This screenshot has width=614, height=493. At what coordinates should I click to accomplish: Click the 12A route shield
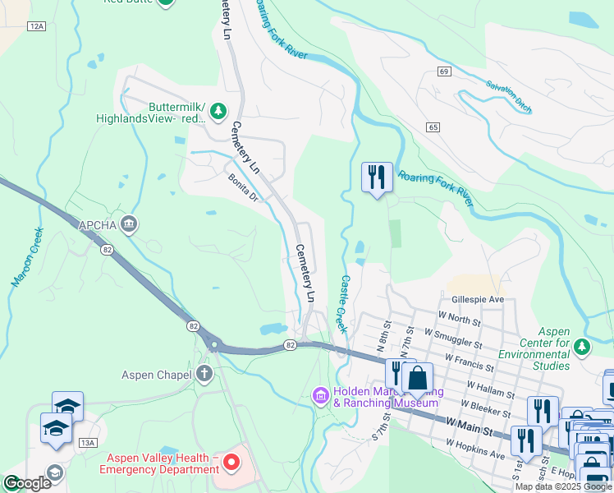pos(35,26)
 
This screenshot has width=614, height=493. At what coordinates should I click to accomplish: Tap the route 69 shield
pos(444,71)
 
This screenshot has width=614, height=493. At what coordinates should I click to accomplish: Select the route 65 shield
pos(433,127)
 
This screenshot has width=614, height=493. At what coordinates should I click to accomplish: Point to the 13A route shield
pos(88,443)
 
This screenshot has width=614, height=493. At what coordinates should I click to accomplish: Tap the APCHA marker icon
pos(129,224)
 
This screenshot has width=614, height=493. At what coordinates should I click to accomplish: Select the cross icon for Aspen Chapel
pos(204,375)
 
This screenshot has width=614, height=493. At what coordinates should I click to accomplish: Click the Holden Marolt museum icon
pos(320,397)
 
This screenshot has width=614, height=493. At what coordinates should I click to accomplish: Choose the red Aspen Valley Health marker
pos(231,463)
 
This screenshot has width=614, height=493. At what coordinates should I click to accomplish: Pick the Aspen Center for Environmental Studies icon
pos(583,346)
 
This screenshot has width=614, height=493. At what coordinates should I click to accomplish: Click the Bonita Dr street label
pos(243,187)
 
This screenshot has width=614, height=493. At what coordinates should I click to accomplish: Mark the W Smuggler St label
pos(453,337)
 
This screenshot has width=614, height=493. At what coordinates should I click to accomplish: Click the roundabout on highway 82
pos(215,345)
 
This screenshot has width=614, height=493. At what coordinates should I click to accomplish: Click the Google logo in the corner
pos(27,482)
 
